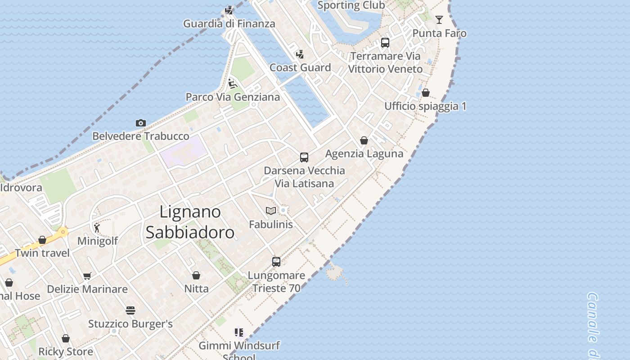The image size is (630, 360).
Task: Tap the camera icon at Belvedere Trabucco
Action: pyautogui.click(x=141, y=123)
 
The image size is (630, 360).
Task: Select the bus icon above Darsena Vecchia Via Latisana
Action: pyautogui.click(x=304, y=157)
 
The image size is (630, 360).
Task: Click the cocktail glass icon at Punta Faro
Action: pyautogui.click(x=439, y=20)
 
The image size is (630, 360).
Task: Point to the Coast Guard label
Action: pyautogui.click(x=300, y=67)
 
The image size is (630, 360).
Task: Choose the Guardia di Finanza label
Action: pyautogui.click(x=229, y=23)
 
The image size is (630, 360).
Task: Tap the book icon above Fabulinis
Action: pyautogui.click(x=271, y=211)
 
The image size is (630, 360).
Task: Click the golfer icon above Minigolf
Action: pyautogui.click(x=97, y=228)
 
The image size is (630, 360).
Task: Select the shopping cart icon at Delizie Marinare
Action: pyautogui.click(x=87, y=276)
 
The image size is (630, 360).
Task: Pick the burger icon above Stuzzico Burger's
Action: pyautogui.click(x=130, y=310)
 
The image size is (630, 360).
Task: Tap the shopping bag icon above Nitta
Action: pyautogui.click(x=196, y=275)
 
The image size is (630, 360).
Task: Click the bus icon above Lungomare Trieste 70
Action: pyautogui.click(x=276, y=262)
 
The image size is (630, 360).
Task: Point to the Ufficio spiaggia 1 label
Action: pyautogui.click(x=425, y=106)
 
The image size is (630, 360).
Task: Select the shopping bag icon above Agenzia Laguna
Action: pyautogui.click(x=364, y=141)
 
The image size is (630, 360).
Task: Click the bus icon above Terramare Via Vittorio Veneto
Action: pyautogui.click(x=385, y=43)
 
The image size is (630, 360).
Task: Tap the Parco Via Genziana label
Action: pyautogui.click(x=233, y=97)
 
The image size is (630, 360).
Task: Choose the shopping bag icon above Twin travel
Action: pyautogui.click(x=42, y=240)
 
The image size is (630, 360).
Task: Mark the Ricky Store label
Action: pyautogui.click(x=66, y=351)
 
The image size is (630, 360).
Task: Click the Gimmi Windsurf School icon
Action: pyautogui.click(x=239, y=333)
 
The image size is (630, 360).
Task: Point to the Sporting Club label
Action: pyautogui.click(x=351, y=5)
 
